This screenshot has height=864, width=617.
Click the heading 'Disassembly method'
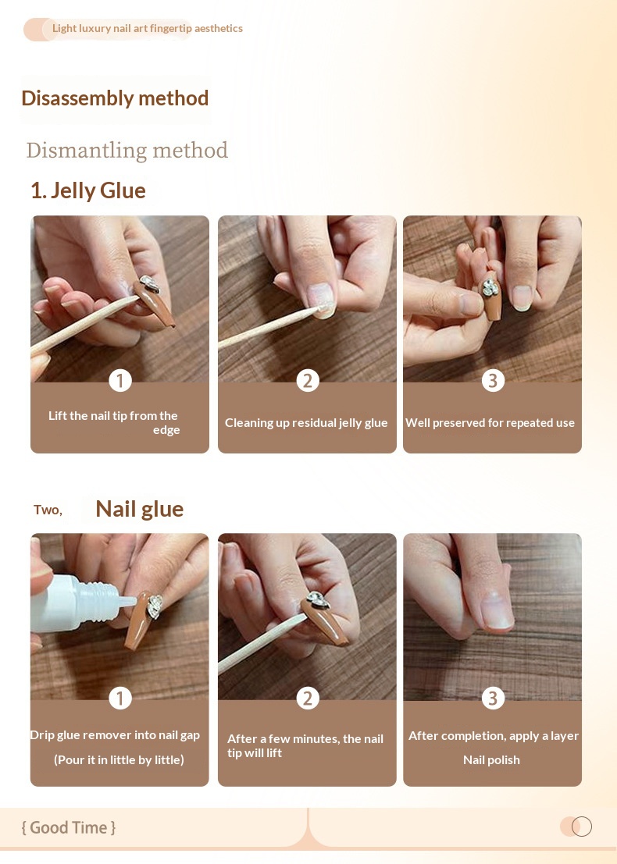pyautogui.click(x=115, y=98)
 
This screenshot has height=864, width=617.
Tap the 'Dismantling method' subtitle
pyautogui.click(x=127, y=150)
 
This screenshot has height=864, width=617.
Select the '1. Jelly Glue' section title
pyautogui.click(x=88, y=190)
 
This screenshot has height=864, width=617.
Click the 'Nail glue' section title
pyautogui.click(x=140, y=509)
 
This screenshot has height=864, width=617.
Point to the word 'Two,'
pyautogui.click(x=48, y=510)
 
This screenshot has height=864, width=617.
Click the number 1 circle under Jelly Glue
pyautogui.click(x=120, y=380)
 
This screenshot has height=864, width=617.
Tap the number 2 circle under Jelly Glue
pyautogui.click(x=308, y=380)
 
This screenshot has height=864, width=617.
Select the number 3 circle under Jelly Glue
pyautogui.click(x=493, y=380)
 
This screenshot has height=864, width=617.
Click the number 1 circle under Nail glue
pyautogui.click(x=120, y=698)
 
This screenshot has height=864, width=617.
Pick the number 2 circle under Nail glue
pyautogui.click(x=308, y=698)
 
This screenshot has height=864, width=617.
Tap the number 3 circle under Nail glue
pyautogui.click(x=493, y=698)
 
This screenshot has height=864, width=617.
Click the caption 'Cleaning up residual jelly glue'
pyautogui.click(x=306, y=422)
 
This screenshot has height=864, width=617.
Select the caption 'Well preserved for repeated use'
pyautogui.click(x=490, y=422)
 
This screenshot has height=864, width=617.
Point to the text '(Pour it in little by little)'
pyautogui.click(x=119, y=760)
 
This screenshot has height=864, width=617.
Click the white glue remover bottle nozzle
pyautogui.click(x=126, y=601)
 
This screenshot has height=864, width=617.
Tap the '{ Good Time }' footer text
pyautogui.click(x=69, y=827)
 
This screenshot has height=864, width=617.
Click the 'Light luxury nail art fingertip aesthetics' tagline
pyautogui.click(x=147, y=28)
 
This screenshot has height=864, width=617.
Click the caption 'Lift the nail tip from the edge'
pyautogui.click(x=114, y=422)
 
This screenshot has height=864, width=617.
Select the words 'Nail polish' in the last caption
pyautogui.click(x=491, y=760)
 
